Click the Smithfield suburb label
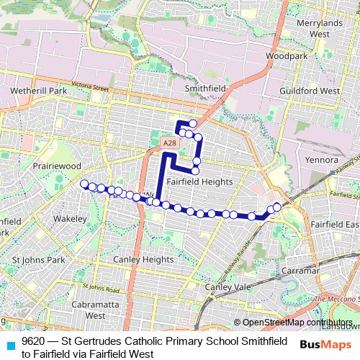click(205, 88)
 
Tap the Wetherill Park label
click(39, 91)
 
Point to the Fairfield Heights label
click(199, 182)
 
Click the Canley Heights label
click(143, 259)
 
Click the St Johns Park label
click(39, 259)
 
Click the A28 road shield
click(169, 143)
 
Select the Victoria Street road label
click(90, 86)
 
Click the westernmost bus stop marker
click(84, 184)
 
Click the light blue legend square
click(9, 344)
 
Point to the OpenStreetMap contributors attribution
click(297, 323)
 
